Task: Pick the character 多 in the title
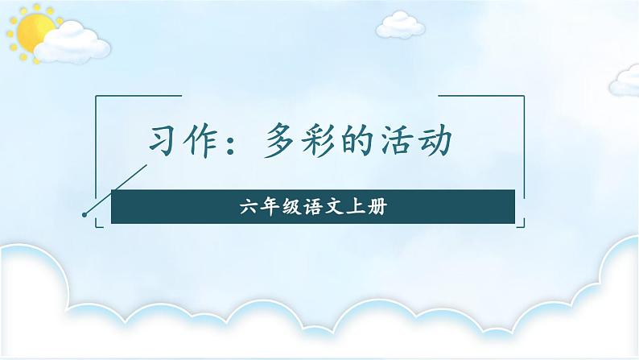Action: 281,143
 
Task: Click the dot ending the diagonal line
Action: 85,214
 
